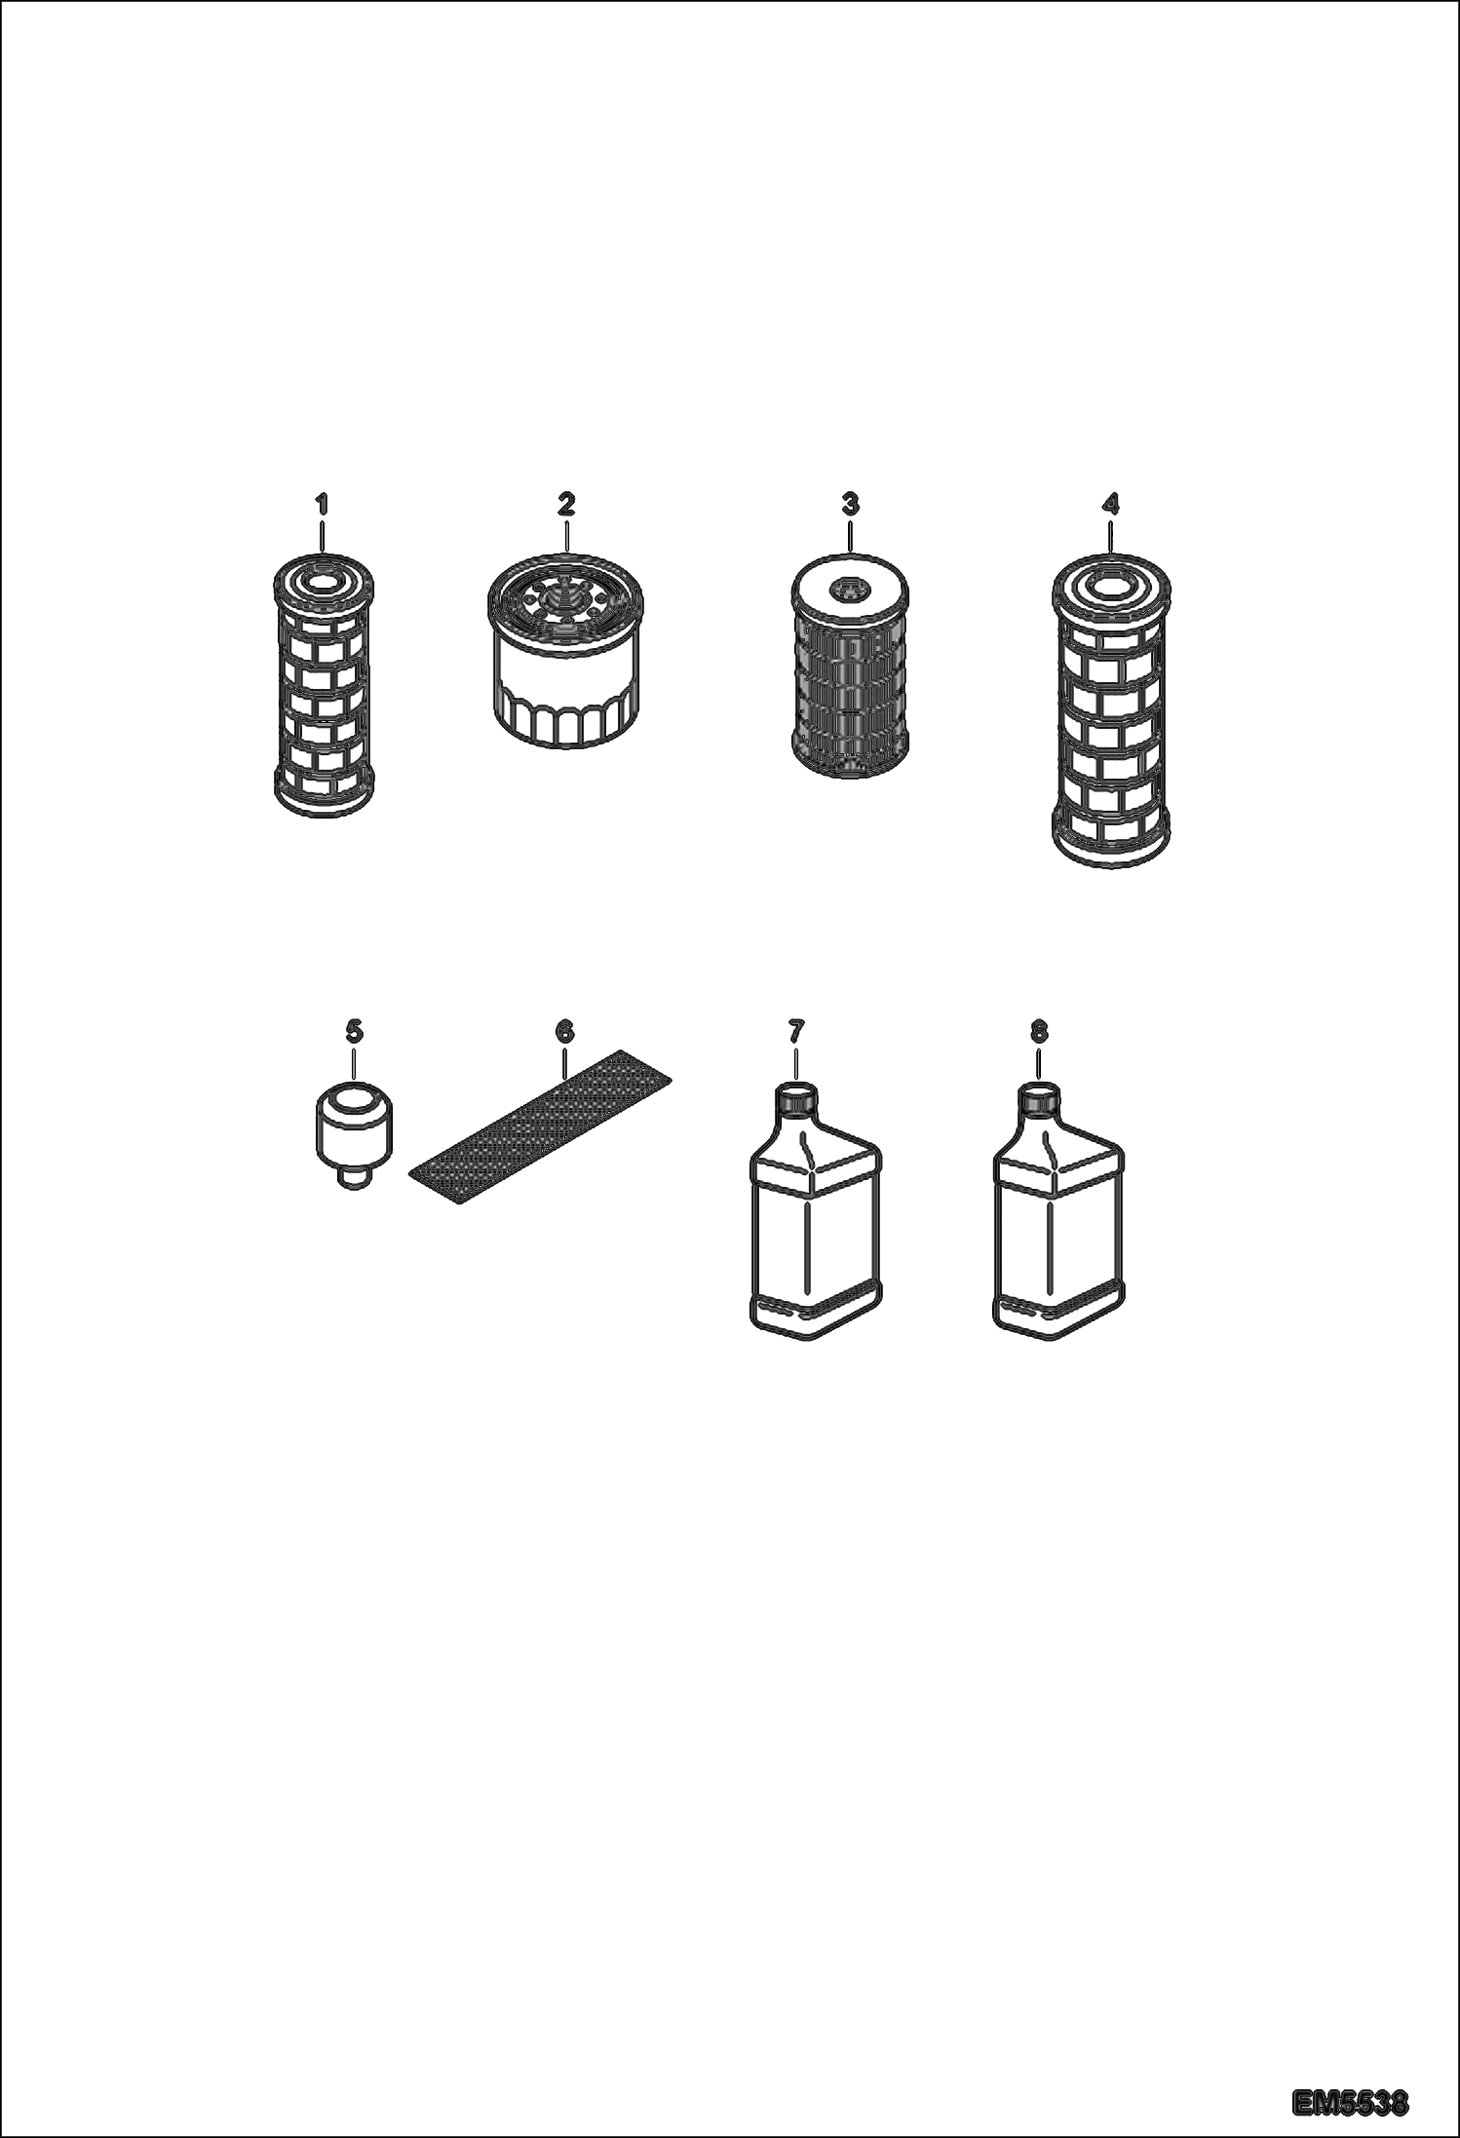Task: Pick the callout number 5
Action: pos(354,1030)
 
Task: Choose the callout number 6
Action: pos(564,1030)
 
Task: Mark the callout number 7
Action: pos(796,1030)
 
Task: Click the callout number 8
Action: pos(1038,1030)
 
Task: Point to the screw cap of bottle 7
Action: pos(797,1098)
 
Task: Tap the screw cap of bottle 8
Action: pos(1039,1098)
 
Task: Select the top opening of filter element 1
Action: pos(321,583)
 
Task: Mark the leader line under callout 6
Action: pos(565,1057)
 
